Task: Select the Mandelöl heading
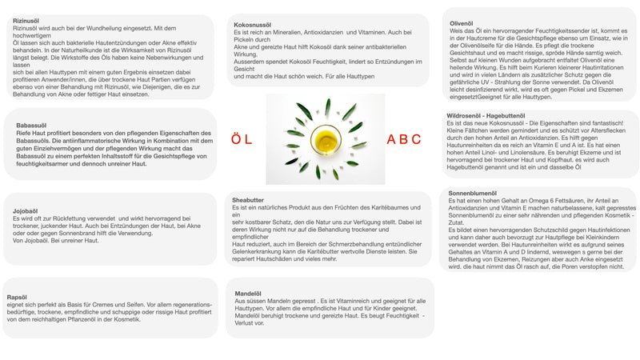pyautogui.click(x=248, y=294)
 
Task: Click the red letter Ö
pyautogui.click(x=236, y=139)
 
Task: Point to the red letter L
pyautogui.click(x=250, y=139)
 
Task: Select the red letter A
pyautogui.click(x=392, y=139)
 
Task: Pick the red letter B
pyautogui.click(x=404, y=139)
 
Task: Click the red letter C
pyautogui.click(x=416, y=139)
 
